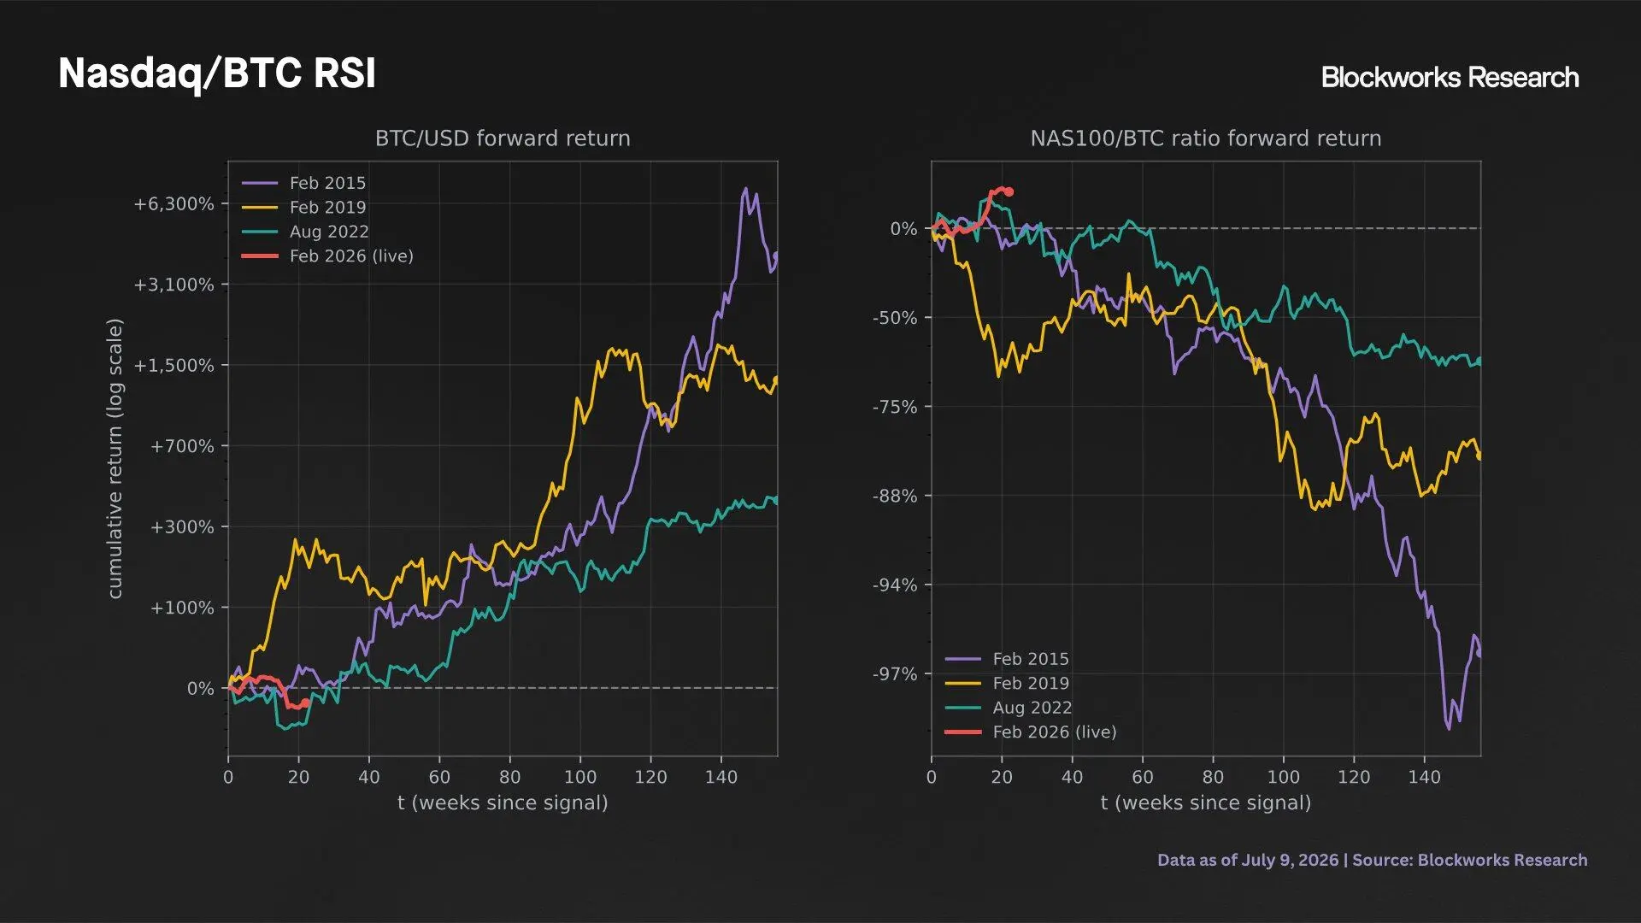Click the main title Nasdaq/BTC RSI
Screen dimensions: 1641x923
(x=217, y=73)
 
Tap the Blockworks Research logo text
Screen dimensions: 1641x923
(x=1450, y=77)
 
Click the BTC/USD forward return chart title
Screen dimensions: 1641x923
(x=503, y=138)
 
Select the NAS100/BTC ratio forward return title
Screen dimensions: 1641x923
(x=1205, y=138)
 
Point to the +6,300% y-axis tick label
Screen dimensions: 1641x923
(x=174, y=204)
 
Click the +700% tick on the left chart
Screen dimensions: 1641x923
(x=182, y=446)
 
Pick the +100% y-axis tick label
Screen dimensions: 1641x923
(x=182, y=608)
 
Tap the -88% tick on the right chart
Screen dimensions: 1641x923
(x=895, y=497)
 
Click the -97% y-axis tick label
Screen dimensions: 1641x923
(x=895, y=674)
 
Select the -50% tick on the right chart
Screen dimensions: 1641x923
(x=895, y=318)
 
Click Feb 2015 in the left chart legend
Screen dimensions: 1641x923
(x=327, y=183)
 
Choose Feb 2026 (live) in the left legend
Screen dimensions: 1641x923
(x=351, y=256)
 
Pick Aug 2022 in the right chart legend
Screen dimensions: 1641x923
(x=1032, y=708)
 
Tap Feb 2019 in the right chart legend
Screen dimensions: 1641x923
(x=1031, y=684)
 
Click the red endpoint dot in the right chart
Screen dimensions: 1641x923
(x=1009, y=192)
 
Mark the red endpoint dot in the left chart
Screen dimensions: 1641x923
(x=305, y=703)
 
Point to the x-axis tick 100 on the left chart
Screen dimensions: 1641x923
(x=580, y=777)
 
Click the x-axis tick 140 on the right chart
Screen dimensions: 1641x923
(x=1424, y=777)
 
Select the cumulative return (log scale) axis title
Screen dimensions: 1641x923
(x=115, y=458)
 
